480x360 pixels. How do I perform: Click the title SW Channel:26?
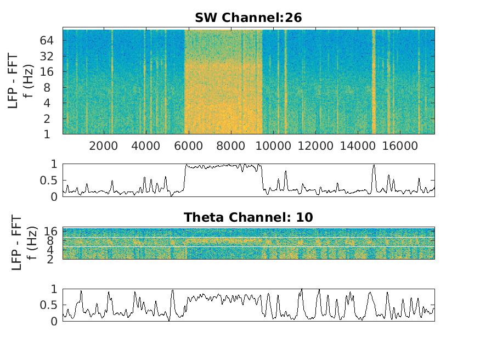pos(248,18)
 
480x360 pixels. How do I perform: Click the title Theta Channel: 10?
pos(248,217)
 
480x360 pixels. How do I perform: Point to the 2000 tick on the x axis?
pos(104,145)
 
